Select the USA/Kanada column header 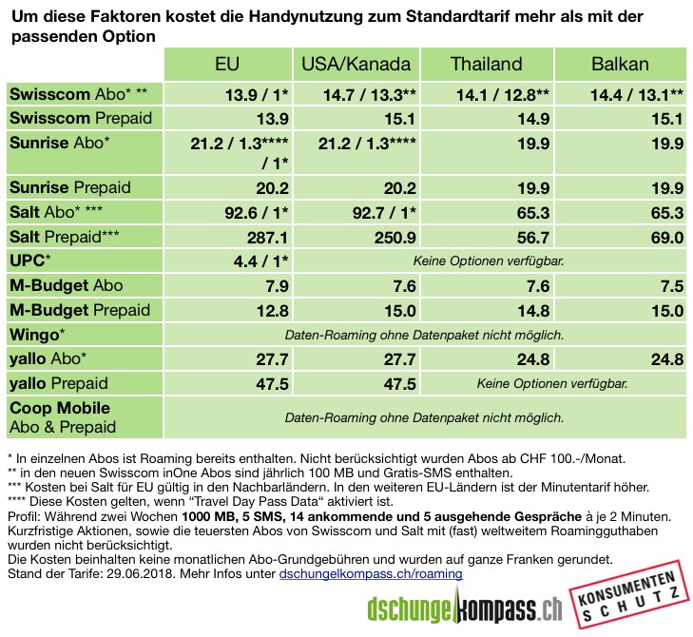(x=356, y=65)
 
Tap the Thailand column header (x=487, y=65)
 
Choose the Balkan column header (x=620, y=65)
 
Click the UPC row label (x=31, y=261)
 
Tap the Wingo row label (x=37, y=335)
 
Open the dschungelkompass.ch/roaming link (x=371, y=574)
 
